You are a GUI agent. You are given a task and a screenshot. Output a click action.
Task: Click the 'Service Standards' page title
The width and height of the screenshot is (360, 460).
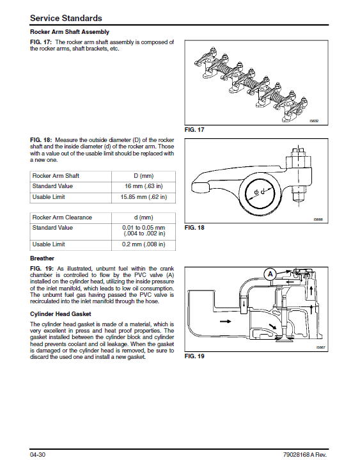click(x=66, y=18)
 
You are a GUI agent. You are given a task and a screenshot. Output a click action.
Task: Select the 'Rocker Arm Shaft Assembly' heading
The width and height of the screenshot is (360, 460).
click(x=70, y=32)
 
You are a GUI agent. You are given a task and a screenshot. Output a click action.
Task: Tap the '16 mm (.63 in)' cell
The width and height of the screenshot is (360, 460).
click(x=144, y=186)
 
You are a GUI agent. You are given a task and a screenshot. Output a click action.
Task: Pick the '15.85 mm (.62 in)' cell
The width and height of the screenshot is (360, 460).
click(x=144, y=197)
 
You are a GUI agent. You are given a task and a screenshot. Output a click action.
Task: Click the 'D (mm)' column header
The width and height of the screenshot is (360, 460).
click(x=144, y=176)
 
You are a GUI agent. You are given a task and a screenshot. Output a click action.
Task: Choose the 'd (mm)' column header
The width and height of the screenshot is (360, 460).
click(x=144, y=218)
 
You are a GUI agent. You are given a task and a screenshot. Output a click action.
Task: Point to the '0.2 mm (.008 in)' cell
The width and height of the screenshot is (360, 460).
click(x=144, y=244)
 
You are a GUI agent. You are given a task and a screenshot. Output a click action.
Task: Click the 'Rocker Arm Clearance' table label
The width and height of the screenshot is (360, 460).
click(x=62, y=218)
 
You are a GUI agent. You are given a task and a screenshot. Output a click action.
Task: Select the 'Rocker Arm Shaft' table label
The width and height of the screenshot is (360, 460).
click(x=56, y=176)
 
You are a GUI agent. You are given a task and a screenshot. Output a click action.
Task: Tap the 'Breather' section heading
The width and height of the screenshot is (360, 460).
click(x=42, y=258)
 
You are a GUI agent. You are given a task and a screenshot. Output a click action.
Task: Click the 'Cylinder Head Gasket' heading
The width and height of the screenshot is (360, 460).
click(x=61, y=314)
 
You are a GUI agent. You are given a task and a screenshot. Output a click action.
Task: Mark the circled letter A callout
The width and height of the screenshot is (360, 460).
click(x=270, y=274)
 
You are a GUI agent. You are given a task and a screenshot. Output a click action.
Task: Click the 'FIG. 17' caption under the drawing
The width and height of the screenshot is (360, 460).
click(x=194, y=130)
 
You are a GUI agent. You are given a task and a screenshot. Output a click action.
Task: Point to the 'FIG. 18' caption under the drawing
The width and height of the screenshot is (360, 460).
click(x=194, y=228)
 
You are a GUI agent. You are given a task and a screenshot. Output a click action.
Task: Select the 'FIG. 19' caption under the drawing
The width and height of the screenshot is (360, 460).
click(x=194, y=356)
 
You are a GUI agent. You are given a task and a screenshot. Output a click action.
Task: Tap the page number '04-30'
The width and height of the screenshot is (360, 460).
click(x=38, y=455)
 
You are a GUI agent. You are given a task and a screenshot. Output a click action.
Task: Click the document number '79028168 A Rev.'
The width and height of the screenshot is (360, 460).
click(x=305, y=455)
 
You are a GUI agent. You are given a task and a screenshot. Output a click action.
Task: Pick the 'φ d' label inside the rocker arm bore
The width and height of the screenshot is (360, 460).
click(x=260, y=192)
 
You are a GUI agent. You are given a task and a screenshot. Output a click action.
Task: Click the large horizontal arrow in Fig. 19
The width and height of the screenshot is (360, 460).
click(x=225, y=321)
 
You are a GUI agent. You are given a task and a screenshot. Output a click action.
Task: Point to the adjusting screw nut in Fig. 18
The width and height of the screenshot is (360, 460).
click(x=298, y=161)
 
